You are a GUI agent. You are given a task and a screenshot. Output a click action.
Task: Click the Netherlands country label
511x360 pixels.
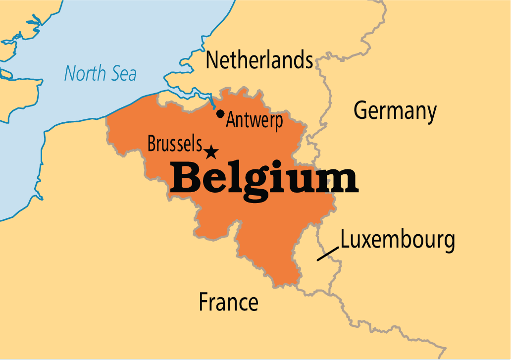coord(259,60)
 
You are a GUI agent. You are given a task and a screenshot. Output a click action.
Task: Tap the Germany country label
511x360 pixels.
coord(395,111)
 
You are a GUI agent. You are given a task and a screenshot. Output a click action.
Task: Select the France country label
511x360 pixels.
coord(228,302)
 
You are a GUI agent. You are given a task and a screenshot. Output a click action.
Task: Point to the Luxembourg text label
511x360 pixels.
coord(398,240)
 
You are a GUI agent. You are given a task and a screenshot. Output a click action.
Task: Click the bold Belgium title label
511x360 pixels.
coord(264,179)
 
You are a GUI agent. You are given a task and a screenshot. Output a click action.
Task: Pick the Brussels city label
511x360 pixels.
coord(175,144)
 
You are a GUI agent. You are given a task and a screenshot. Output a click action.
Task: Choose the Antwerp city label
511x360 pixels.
coord(255,120)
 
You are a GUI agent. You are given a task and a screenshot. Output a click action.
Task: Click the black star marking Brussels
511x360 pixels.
coord(211,152)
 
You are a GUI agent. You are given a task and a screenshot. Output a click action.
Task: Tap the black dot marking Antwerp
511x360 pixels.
coord(220,113)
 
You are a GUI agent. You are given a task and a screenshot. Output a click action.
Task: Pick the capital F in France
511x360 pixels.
coord(204,302)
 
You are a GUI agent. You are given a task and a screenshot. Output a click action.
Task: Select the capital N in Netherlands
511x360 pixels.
coord(212,60)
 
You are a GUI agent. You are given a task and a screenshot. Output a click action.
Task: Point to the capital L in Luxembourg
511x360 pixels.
coord(345,240)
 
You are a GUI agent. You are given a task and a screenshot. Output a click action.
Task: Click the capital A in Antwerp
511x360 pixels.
coord(231,120)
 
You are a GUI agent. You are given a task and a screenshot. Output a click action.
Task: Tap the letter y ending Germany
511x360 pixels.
coord(430,114)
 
